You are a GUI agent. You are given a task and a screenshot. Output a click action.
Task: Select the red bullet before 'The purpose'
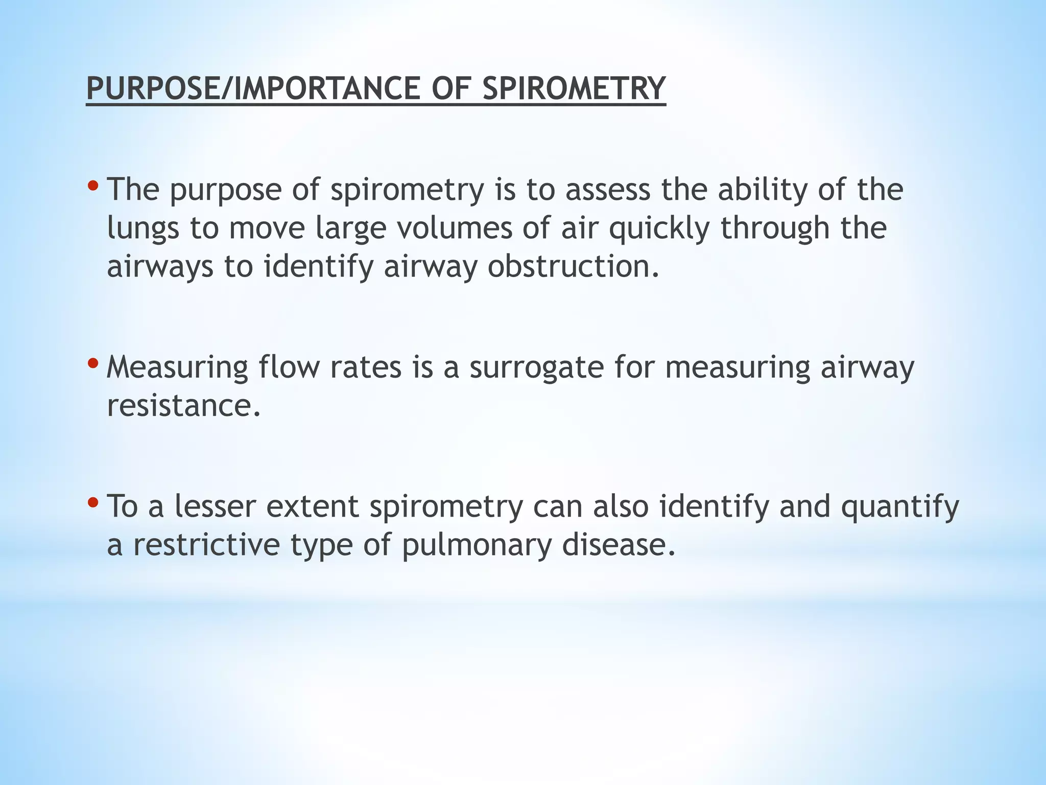pyautogui.click(x=92, y=184)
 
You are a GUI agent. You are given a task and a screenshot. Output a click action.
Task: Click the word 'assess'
pyautogui.click(x=608, y=190)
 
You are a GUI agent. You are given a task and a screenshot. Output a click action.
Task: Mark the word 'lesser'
pyautogui.click(x=215, y=506)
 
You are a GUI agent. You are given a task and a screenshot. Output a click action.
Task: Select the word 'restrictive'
pyautogui.click(x=206, y=545)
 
